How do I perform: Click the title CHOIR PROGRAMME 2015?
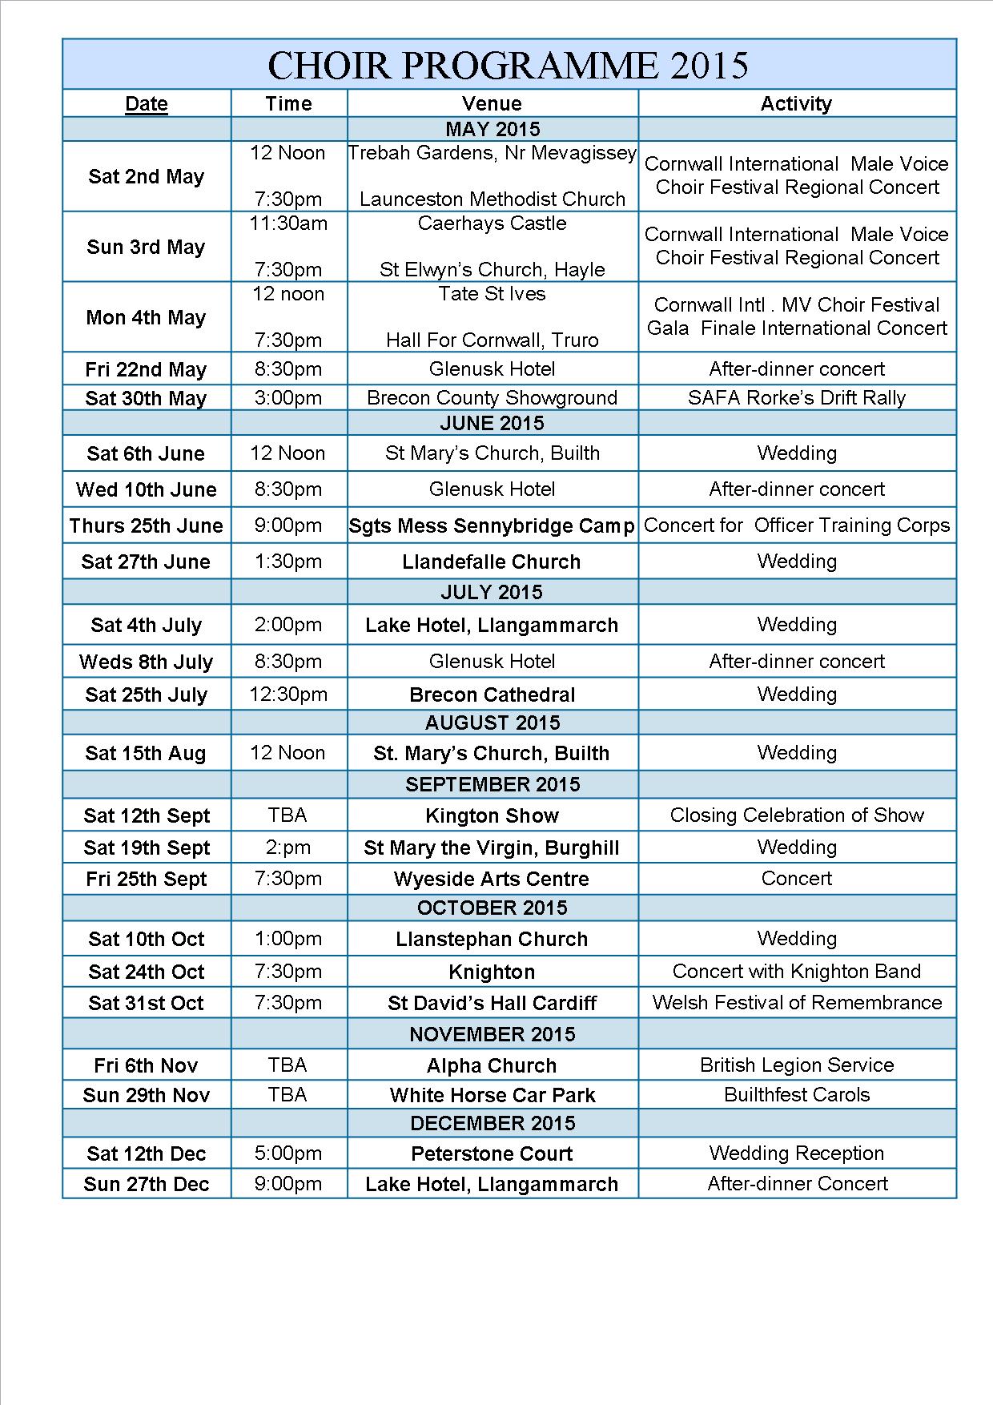(x=508, y=65)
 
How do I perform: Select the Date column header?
(x=147, y=103)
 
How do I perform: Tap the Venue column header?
(x=492, y=103)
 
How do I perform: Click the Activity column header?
(x=796, y=103)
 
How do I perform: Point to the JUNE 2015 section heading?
(x=492, y=423)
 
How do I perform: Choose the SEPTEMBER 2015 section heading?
(x=492, y=784)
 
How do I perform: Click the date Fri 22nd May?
(x=146, y=370)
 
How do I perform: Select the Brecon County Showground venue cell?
(x=492, y=398)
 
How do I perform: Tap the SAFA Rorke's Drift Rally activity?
(x=796, y=398)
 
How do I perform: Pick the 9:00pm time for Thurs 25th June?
(x=288, y=525)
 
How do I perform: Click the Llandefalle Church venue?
(x=491, y=562)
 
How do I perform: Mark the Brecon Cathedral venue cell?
(x=492, y=694)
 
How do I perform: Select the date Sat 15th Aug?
(x=146, y=753)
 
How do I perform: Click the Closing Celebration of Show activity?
(x=796, y=815)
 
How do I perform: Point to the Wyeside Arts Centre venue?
(x=491, y=879)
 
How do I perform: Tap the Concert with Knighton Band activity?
(x=796, y=972)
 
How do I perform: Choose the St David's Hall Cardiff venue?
(x=492, y=1003)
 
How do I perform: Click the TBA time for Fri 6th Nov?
(x=288, y=1065)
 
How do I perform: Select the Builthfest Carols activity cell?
(x=796, y=1095)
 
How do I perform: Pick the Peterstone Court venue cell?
(x=491, y=1153)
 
